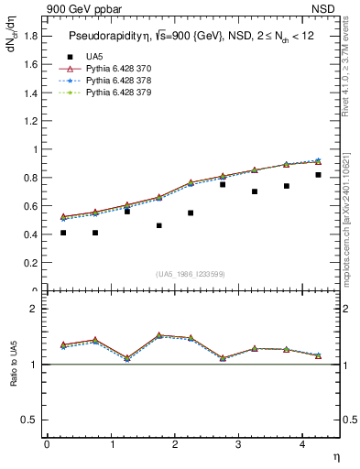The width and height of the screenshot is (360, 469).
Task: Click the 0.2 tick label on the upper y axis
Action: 32,262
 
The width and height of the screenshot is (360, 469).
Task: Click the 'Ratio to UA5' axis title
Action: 13,377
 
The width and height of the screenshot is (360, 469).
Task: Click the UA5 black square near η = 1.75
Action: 159,225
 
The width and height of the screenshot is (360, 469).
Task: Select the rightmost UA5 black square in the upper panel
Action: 318,175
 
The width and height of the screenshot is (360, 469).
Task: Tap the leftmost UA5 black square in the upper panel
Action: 63,233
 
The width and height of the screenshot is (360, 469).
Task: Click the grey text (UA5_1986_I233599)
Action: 191,275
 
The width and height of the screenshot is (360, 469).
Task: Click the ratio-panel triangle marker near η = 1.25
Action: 127,357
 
